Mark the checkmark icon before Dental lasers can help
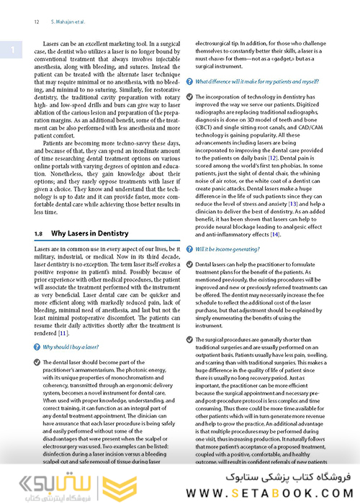[x=189, y=265]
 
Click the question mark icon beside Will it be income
[x=189, y=248]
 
